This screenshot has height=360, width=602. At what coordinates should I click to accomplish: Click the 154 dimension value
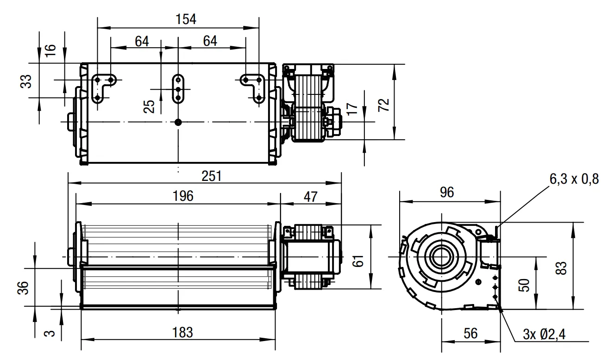point(186,19)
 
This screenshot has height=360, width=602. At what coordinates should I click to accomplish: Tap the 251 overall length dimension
point(212,176)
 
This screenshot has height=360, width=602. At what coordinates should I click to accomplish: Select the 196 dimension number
point(183,196)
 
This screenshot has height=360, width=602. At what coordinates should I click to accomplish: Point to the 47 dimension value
point(310,197)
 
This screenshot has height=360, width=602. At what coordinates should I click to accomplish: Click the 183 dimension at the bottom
point(182,333)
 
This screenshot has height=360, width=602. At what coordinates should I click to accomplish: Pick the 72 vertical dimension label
point(383,105)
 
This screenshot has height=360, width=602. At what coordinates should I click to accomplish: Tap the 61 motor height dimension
point(357,261)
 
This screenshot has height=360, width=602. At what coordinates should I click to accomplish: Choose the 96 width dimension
point(447,192)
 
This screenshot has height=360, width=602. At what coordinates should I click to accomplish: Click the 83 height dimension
point(561,268)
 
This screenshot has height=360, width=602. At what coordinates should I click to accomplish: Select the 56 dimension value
point(470,334)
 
